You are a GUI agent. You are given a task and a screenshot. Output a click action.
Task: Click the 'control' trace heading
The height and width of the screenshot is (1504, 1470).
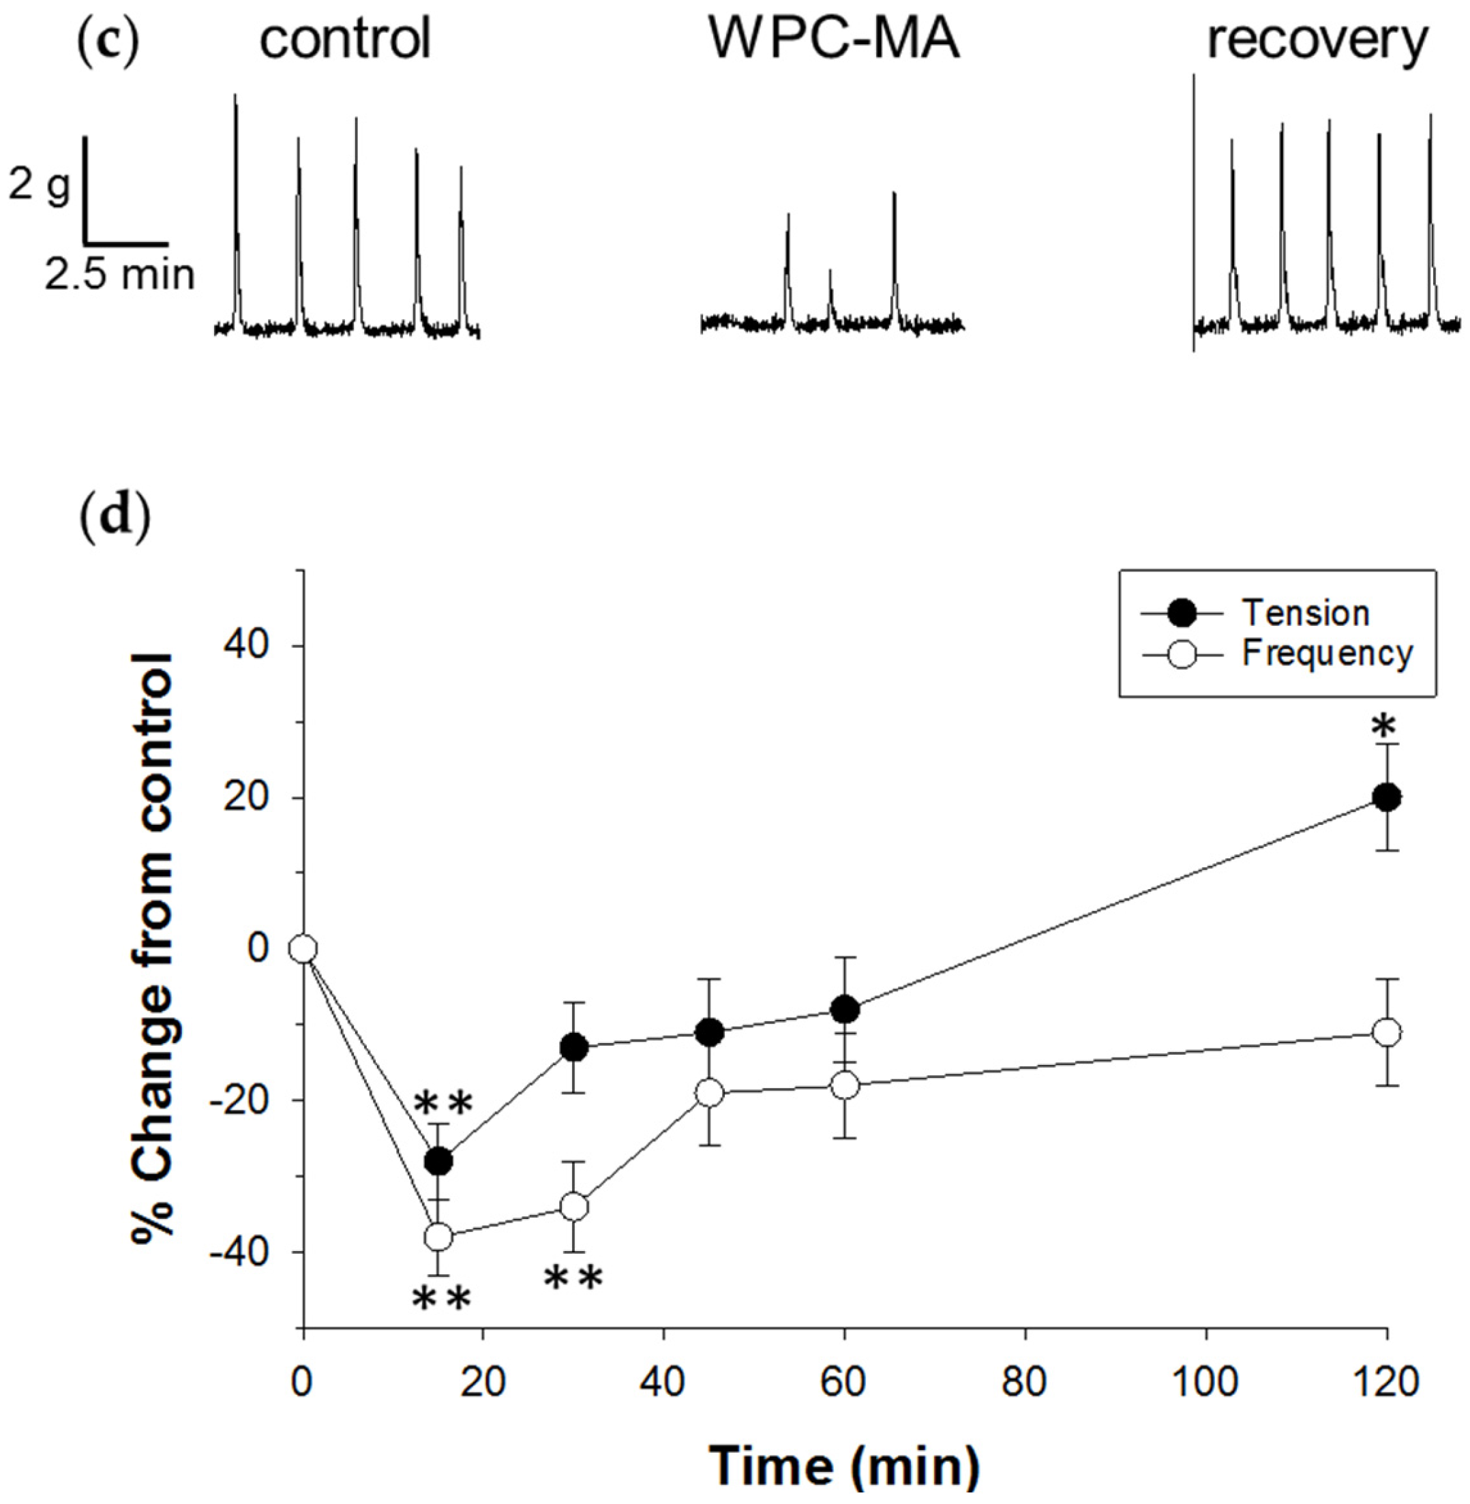pos(344,39)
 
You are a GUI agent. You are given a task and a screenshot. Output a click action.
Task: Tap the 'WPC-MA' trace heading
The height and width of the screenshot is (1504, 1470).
pos(834,39)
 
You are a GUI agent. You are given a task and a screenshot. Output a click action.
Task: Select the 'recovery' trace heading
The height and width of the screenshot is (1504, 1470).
pos(1317,40)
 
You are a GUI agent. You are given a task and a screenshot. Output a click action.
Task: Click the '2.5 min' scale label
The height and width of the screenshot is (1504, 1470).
pos(119,274)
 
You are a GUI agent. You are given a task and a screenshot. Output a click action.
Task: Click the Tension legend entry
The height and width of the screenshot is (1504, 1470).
pos(1305,613)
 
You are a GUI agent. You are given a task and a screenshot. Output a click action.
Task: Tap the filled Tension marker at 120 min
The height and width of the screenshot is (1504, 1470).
pos(1387,798)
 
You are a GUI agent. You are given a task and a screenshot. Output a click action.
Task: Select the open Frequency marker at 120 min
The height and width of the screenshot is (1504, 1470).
pos(1387,1032)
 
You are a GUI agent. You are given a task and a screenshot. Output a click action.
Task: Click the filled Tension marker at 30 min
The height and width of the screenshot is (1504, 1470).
pos(574,1048)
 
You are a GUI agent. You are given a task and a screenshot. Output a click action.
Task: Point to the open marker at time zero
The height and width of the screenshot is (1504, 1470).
pos(303,949)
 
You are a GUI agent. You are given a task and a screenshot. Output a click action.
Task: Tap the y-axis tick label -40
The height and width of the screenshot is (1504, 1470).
pos(246,1252)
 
